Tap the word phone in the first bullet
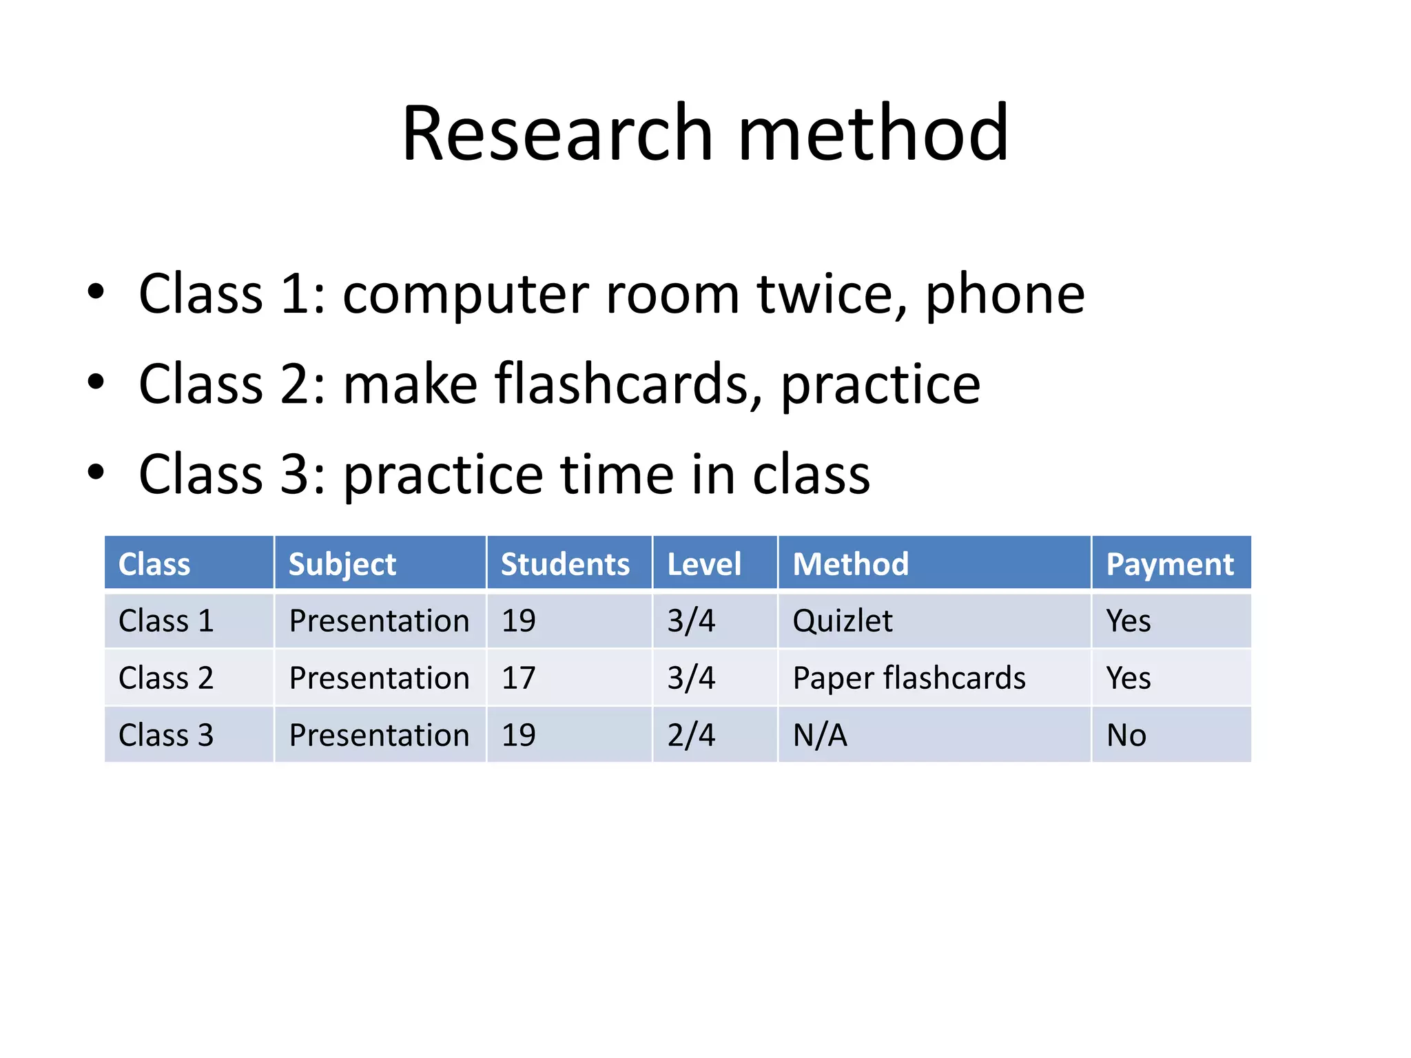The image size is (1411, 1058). tap(1005, 294)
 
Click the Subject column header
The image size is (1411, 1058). tap(342, 564)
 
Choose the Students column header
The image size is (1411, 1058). tap(565, 564)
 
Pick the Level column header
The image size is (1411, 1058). tap(704, 564)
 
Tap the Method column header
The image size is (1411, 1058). tap(851, 564)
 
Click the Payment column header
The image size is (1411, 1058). tap(1170, 564)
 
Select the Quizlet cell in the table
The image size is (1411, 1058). tap(843, 621)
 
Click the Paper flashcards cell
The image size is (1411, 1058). tap(909, 678)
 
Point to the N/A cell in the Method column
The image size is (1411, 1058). tap(820, 736)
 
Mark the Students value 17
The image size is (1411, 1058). tap(518, 678)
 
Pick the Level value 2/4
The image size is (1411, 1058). tap(691, 736)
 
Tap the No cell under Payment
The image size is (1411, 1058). tap(1126, 736)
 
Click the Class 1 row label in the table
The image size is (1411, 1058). tap(166, 621)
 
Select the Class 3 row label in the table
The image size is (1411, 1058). tap(166, 736)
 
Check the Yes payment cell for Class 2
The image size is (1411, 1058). tap(1129, 678)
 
